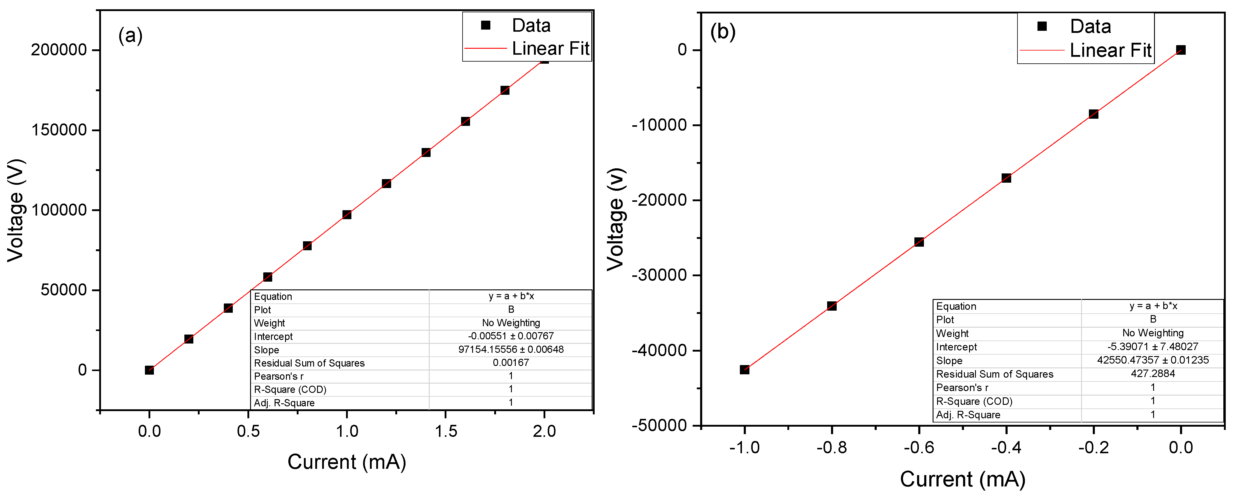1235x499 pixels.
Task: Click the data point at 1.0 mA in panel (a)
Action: [347, 214]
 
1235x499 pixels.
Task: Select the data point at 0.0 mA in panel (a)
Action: [149, 370]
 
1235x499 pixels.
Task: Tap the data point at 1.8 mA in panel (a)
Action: [505, 90]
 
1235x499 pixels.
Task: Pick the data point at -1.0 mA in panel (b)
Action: [744, 370]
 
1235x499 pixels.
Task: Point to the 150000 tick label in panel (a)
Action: [59, 130]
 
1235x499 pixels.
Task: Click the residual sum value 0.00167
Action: [511, 363]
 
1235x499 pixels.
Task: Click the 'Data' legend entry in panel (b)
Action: [1090, 26]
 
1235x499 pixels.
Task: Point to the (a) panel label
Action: [130, 36]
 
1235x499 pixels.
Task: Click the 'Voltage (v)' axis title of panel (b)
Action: [616, 219]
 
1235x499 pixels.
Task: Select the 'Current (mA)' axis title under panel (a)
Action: [347, 462]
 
